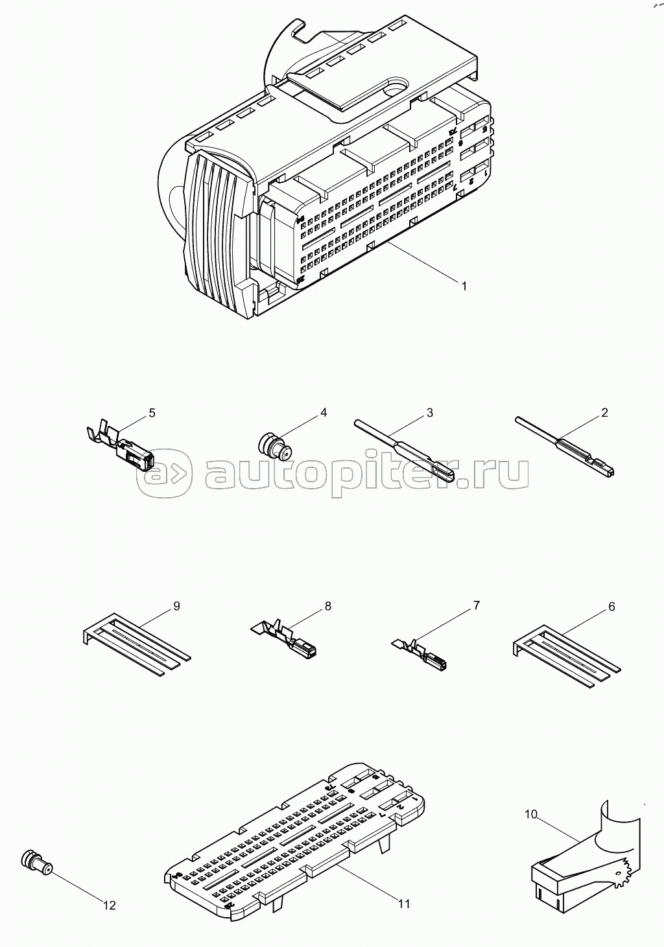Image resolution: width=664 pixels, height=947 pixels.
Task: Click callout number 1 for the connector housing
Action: click(464, 286)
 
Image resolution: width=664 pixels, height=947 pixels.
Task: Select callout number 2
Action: click(604, 412)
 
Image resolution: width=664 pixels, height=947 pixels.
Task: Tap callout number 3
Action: click(430, 412)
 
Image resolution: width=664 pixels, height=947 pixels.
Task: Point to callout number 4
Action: click(324, 412)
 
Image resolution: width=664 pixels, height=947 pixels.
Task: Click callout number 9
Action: click(176, 606)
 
